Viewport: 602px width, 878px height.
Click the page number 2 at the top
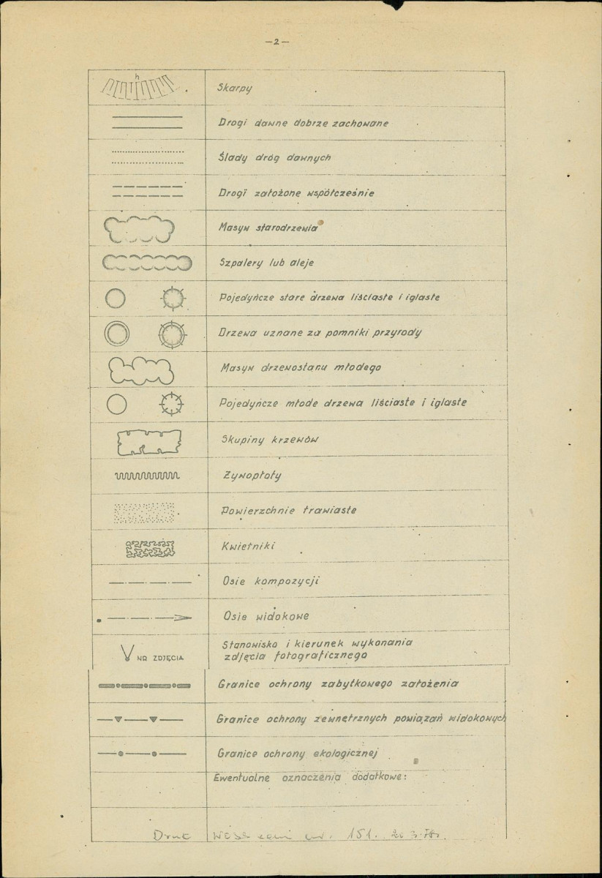pos(276,42)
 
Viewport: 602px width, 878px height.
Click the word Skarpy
pos(234,88)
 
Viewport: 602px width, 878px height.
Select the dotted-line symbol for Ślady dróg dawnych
pos(147,158)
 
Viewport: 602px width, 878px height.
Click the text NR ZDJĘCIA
pos(160,657)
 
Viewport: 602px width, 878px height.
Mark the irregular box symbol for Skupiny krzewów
pos(148,442)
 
